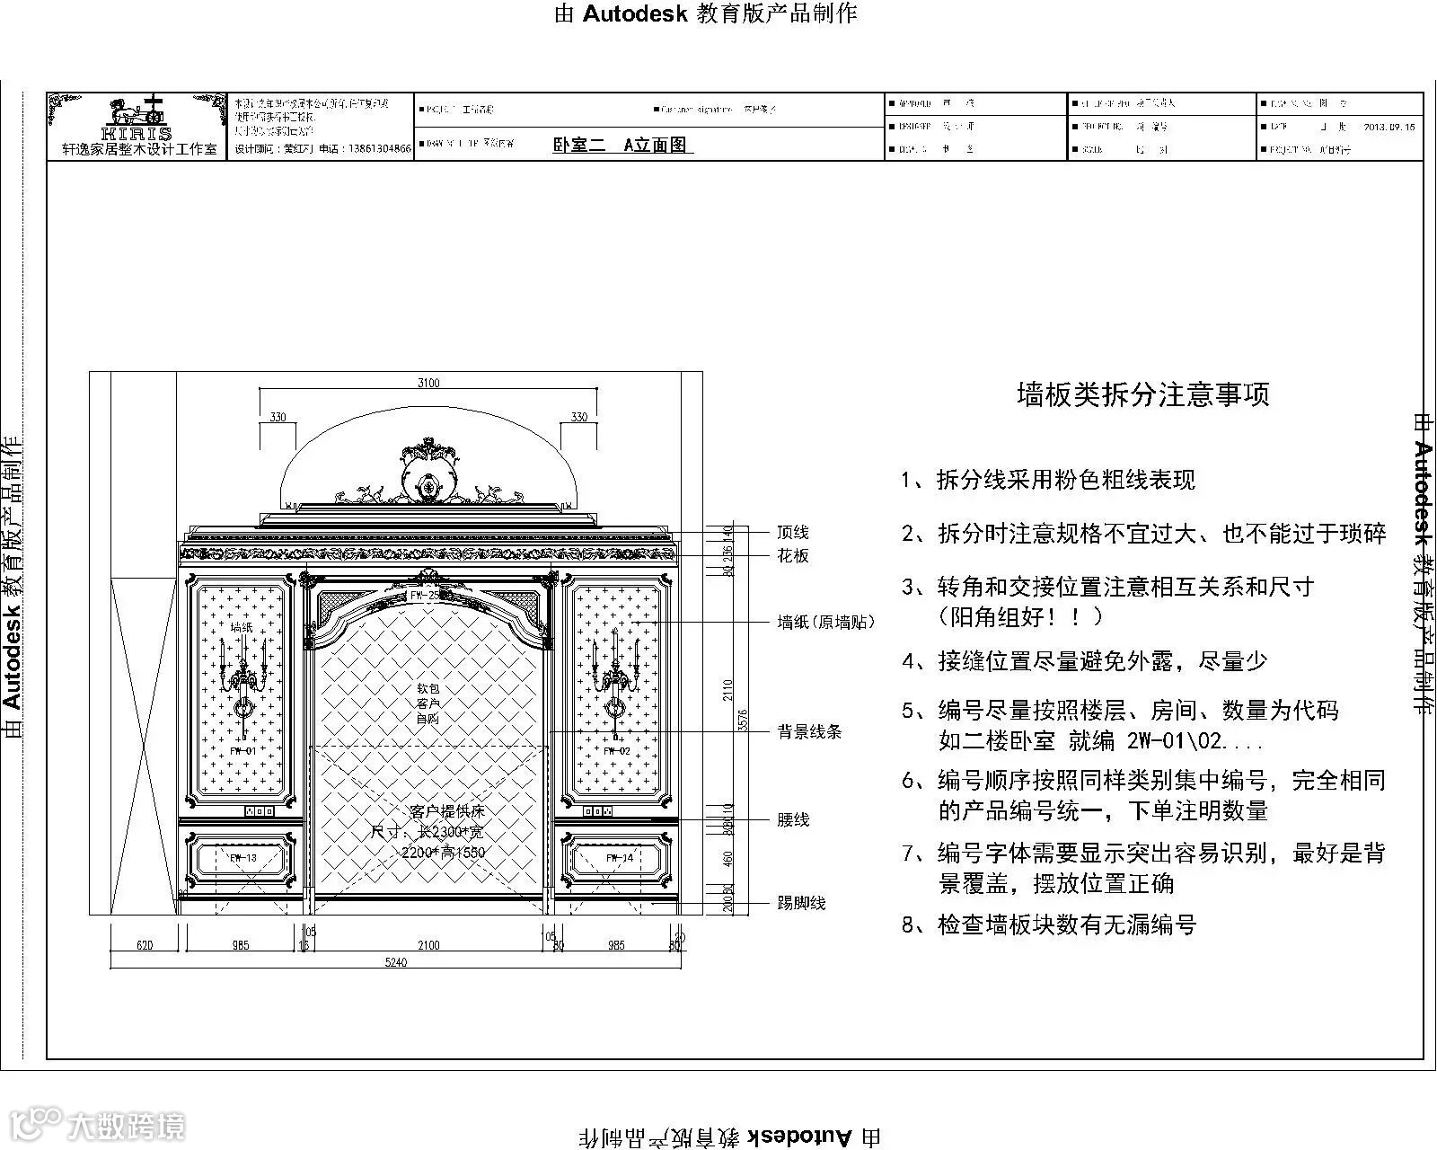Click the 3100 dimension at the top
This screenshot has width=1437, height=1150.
tap(428, 383)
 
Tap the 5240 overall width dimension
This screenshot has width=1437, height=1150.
tap(396, 962)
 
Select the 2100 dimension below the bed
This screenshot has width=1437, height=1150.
tap(428, 944)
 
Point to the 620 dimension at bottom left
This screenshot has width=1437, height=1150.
tap(145, 944)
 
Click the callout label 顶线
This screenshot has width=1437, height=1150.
tap(793, 533)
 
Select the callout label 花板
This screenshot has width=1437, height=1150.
tap(793, 556)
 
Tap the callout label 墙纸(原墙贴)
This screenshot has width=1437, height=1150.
tap(825, 622)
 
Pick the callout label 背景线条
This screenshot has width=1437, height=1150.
tap(809, 732)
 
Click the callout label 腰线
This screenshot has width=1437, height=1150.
tap(793, 819)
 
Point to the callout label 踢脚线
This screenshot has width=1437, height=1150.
tap(801, 903)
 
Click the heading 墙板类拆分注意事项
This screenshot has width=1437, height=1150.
tap(1142, 394)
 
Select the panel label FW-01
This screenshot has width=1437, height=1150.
tap(242, 750)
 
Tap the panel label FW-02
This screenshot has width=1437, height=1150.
tap(616, 750)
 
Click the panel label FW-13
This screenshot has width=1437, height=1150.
tap(242, 858)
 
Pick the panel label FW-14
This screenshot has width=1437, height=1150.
tap(619, 858)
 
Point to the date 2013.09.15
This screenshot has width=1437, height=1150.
tap(1389, 127)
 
